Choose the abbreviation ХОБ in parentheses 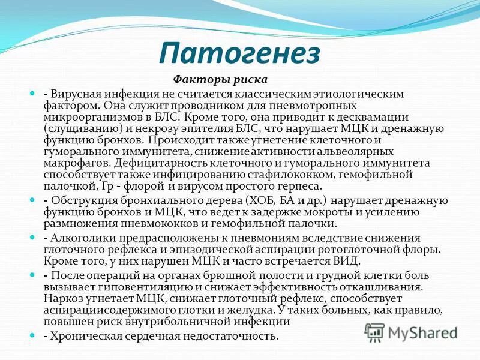259,200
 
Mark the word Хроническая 87,336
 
